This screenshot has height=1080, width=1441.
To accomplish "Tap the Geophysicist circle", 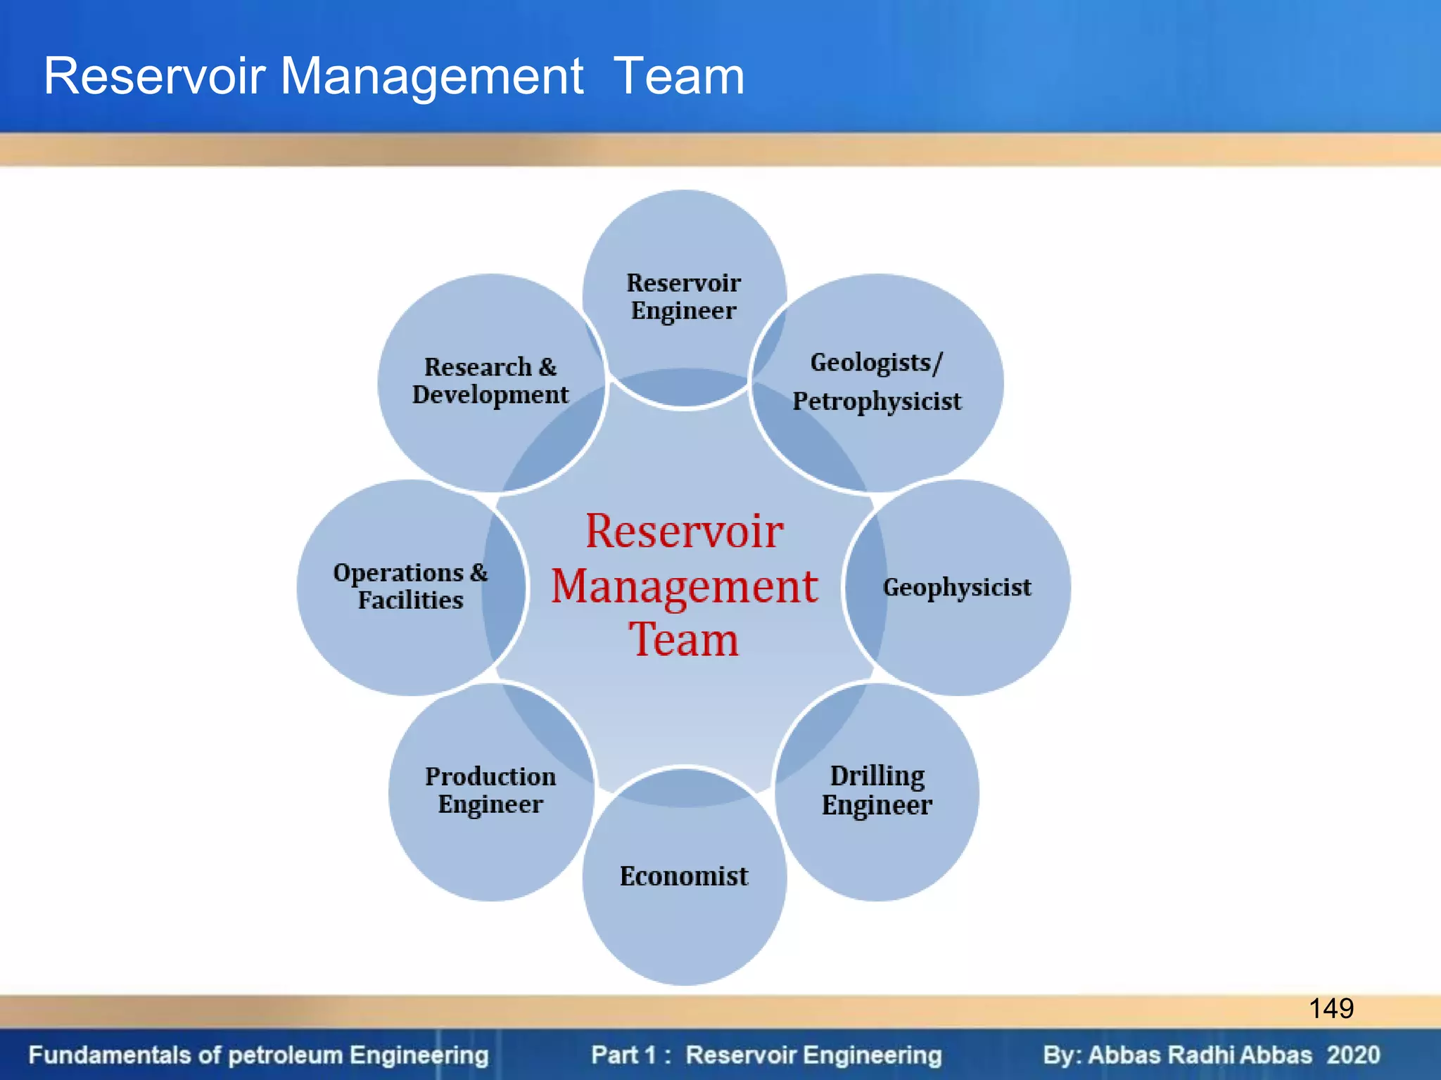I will [957, 587].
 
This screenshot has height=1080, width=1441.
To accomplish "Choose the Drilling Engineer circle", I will [877, 790].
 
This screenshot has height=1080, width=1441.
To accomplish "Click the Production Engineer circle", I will [490, 790].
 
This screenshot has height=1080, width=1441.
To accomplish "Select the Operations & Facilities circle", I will [411, 586].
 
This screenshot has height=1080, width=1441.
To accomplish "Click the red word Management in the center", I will [684, 586].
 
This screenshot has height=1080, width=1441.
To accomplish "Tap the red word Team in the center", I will [684, 640].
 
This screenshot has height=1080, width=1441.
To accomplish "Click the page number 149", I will [1331, 1008].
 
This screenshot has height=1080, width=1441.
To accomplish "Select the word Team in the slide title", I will [679, 76].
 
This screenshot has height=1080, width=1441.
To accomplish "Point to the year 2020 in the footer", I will [1353, 1055].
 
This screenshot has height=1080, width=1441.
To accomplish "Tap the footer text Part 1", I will [623, 1055].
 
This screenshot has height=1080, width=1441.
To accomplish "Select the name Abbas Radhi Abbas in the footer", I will [1200, 1055].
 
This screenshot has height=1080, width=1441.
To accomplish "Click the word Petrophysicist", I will [877, 401].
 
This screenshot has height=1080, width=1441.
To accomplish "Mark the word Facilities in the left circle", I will [411, 600].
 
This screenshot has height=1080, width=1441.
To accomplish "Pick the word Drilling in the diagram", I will [877, 776].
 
